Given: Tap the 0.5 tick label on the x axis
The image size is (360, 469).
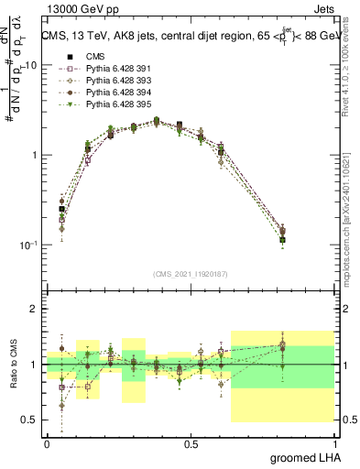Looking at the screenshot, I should [191, 443].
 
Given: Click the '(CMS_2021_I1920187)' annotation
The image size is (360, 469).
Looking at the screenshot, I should [191, 273].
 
